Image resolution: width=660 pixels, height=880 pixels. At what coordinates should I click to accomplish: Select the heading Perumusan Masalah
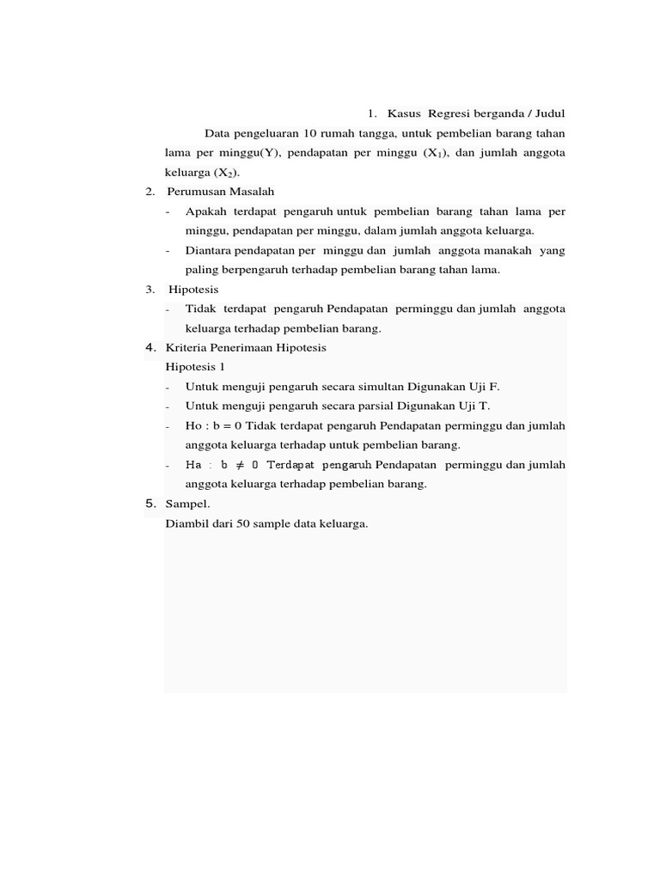tap(221, 192)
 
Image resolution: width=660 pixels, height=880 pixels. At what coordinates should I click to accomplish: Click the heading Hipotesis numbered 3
tap(193, 290)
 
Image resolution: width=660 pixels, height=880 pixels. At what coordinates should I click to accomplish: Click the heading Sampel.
tap(187, 504)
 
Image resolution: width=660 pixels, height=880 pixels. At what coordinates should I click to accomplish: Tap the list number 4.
tap(150, 348)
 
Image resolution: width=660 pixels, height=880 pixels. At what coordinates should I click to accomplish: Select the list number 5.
tap(150, 504)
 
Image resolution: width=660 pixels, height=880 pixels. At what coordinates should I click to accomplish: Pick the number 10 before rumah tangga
tap(305, 133)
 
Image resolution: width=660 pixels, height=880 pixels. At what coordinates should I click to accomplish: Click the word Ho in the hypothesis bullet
tap(193, 426)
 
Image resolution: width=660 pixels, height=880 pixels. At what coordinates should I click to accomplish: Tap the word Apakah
tap(204, 211)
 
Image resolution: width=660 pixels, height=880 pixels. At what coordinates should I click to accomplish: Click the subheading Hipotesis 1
tap(194, 367)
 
